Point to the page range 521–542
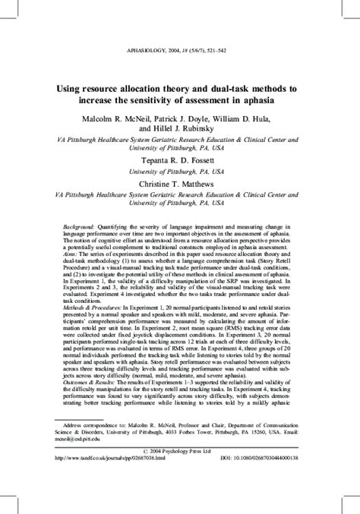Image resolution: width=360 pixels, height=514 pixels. tap(232, 52)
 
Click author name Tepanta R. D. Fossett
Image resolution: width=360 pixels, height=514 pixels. tap(181, 162)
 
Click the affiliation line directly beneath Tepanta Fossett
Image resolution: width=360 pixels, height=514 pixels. tap(181, 172)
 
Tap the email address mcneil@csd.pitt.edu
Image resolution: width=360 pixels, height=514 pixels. tap(87, 463)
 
